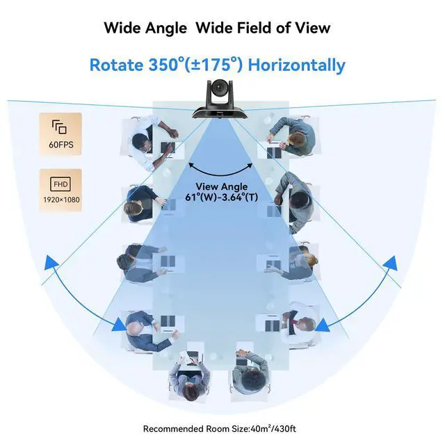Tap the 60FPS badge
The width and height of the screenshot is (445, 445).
[x=60, y=133]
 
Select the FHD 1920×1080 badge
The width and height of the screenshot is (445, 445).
[x=60, y=190]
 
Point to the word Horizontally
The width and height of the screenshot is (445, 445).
[x=297, y=65]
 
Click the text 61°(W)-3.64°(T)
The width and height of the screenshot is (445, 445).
[x=222, y=197]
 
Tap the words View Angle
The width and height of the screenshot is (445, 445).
[x=222, y=187]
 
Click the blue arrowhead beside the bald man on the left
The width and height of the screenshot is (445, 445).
[x=120, y=325]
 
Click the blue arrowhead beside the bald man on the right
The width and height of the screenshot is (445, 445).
[x=322, y=325]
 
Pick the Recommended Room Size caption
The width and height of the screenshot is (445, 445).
[x=220, y=428]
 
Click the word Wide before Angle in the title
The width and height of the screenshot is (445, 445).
[x=122, y=28]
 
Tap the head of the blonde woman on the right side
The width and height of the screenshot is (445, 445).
[x=310, y=260]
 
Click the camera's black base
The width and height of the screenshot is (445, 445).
[x=220, y=113]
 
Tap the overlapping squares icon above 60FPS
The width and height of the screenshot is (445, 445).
[x=59, y=127]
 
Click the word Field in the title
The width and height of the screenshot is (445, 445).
[x=253, y=28]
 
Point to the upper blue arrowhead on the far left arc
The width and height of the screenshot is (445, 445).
[x=51, y=262]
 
